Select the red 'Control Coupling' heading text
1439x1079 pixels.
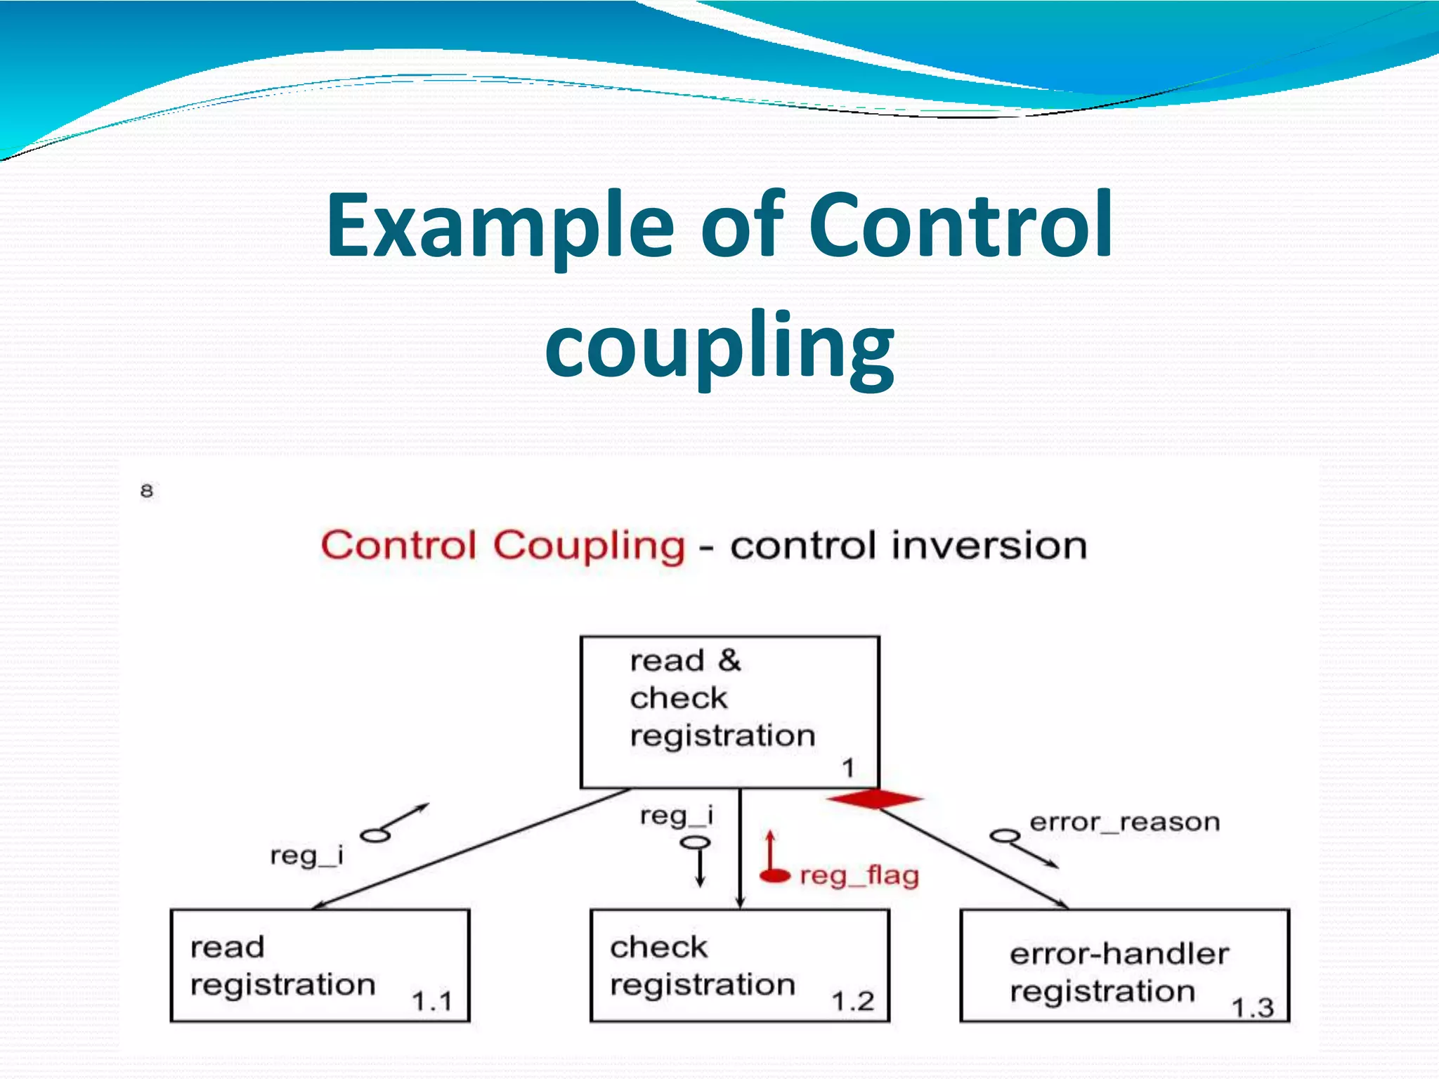tap(502, 546)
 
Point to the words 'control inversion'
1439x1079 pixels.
tap(908, 546)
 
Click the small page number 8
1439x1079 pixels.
tap(147, 490)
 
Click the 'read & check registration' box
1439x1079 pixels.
tap(729, 712)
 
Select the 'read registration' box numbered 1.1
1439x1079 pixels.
tap(320, 965)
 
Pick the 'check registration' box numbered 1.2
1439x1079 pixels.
tap(739, 965)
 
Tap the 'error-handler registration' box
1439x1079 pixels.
tap(1124, 965)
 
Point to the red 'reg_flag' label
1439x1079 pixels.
tap(859, 876)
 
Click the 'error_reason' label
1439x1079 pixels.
tap(1124, 822)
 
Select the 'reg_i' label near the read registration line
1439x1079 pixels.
tap(306, 856)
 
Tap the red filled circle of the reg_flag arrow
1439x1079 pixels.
tap(775, 875)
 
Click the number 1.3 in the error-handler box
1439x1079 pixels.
tap(1251, 1007)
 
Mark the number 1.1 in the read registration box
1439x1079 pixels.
tap(431, 1000)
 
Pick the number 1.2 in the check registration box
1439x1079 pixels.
tap(852, 1000)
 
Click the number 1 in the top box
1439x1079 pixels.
tap(848, 768)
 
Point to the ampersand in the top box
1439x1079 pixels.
tap(729, 660)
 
